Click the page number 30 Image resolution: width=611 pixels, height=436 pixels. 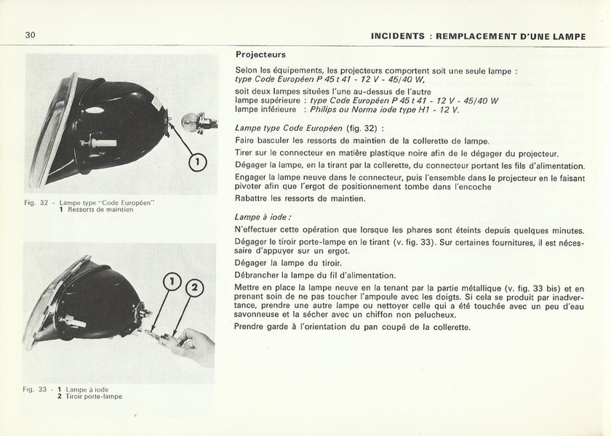(x=31, y=35)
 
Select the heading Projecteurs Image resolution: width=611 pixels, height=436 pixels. (x=260, y=54)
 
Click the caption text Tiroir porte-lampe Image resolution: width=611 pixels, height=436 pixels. (x=95, y=397)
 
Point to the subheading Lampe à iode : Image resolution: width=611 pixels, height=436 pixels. (x=263, y=217)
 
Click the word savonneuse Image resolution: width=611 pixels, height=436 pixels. (x=262, y=315)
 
